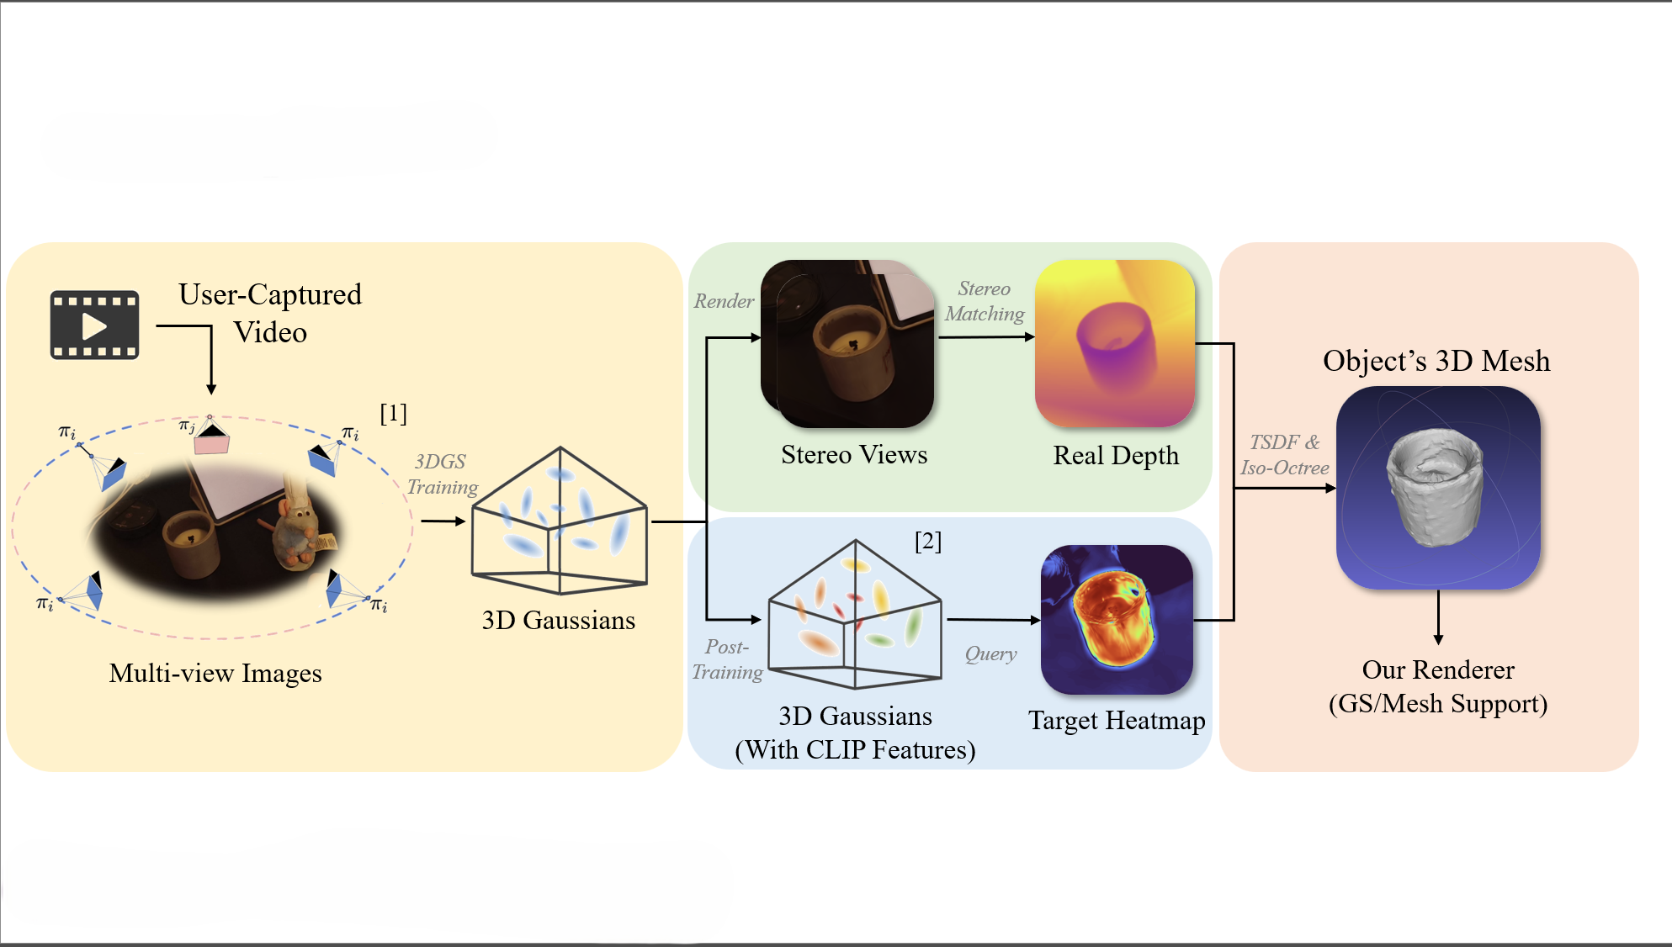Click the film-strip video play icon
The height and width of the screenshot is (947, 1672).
click(x=94, y=325)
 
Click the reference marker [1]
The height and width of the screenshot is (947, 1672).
click(x=393, y=413)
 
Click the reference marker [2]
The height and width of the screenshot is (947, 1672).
click(x=928, y=541)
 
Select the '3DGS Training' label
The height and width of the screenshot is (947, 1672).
click(x=442, y=474)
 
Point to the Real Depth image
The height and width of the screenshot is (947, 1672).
click(x=1114, y=343)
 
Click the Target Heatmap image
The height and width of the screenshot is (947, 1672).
click(x=1117, y=620)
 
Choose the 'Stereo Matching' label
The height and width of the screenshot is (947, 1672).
click(x=984, y=301)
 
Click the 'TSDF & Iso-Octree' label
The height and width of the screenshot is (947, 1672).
click(x=1284, y=455)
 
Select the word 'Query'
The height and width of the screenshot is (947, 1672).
click(x=990, y=653)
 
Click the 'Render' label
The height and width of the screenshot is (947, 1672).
click(x=724, y=301)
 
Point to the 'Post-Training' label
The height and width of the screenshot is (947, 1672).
click(x=727, y=659)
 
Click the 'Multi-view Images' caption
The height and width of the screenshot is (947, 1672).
click(x=215, y=673)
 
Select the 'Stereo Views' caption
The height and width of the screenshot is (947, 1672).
click(x=854, y=454)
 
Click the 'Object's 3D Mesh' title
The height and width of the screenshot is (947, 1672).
click(x=1436, y=360)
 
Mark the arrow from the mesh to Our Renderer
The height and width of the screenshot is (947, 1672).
click(x=1438, y=617)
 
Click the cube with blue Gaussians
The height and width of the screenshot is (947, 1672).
click(x=560, y=521)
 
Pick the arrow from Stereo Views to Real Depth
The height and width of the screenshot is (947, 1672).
click(x=985, y=337)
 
